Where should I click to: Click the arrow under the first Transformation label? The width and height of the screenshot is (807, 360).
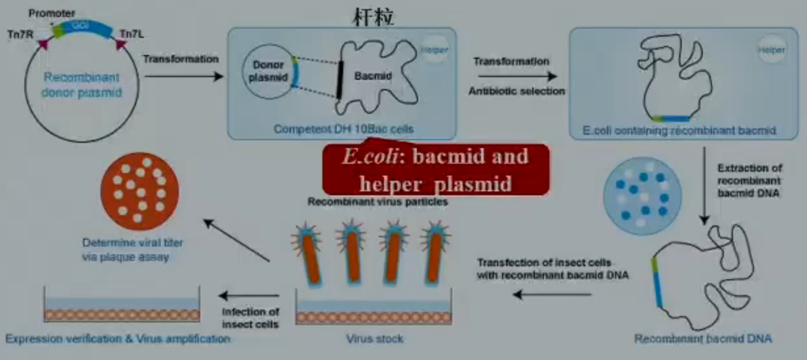click(x=181, y=76)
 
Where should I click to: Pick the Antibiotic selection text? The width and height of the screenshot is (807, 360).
click(x=516, y=91)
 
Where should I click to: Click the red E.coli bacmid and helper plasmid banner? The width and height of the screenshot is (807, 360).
click(x=436, y=170)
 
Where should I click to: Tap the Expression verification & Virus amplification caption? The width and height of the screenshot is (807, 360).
click(x=117, y=339)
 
